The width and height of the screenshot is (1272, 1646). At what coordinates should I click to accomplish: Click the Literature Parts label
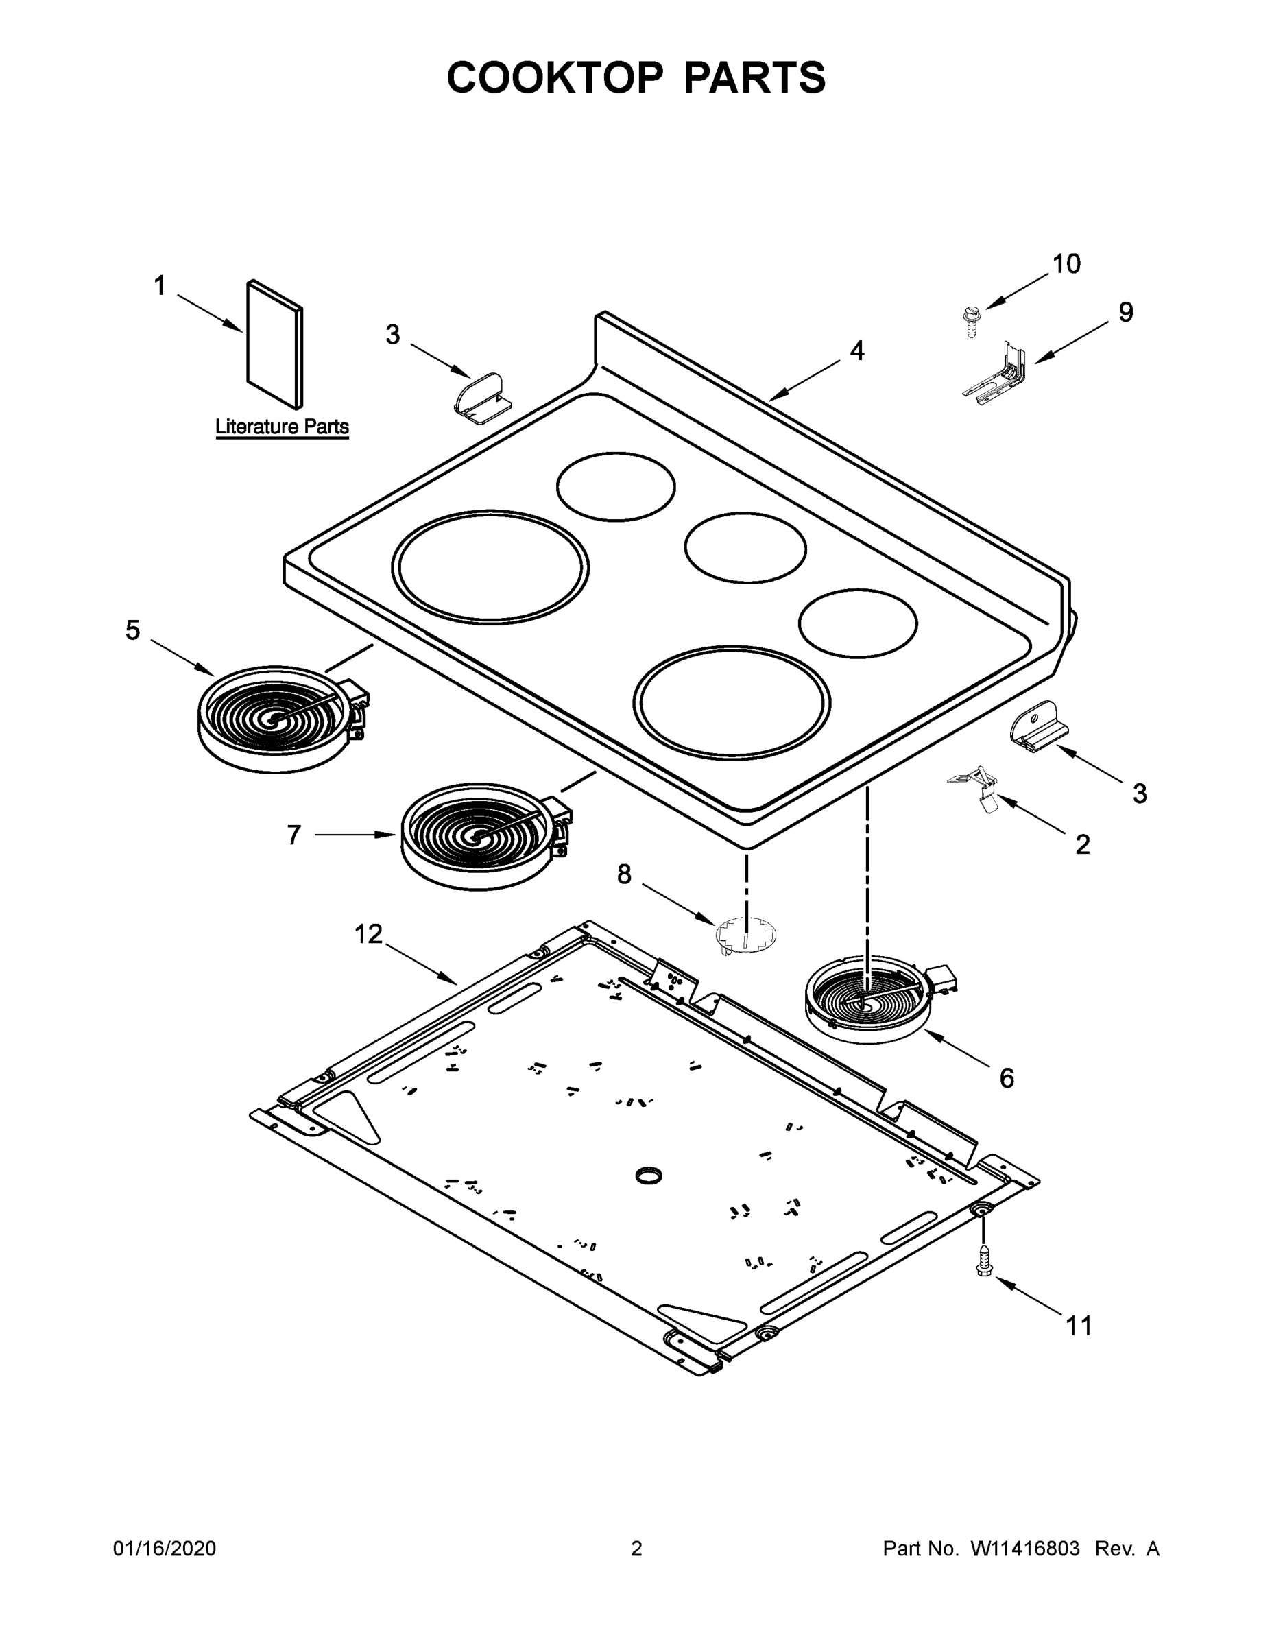point(282,427)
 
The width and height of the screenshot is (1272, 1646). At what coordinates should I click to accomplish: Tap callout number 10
point(1066,264)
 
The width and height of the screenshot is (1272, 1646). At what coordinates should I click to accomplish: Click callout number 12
point(368,935)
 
